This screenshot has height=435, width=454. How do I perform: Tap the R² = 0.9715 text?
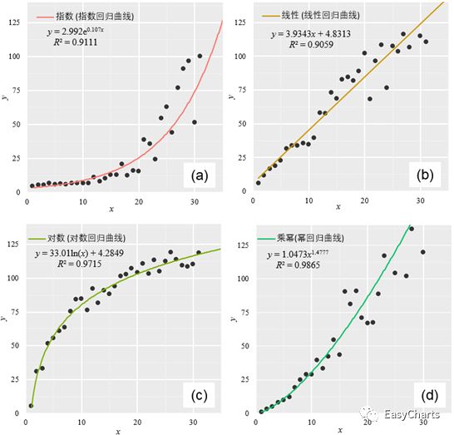click(75, 268)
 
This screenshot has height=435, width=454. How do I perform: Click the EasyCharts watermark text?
click(411, 413)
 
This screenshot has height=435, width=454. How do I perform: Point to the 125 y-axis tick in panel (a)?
click(17, 22)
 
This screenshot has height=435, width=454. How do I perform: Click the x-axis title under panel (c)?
click(118, 430)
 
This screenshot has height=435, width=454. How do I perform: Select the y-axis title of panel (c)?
click(5, 317)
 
